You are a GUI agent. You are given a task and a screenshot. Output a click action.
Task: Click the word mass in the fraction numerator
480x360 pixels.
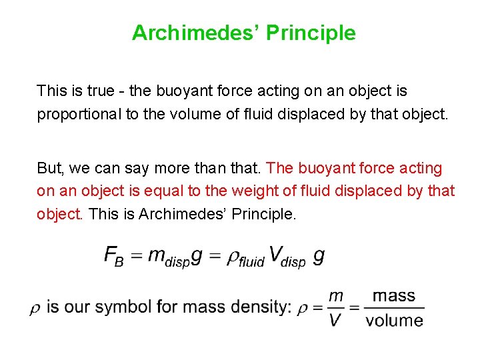coord(393,295)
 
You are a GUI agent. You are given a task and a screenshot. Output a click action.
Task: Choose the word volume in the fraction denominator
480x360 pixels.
coord(394,320)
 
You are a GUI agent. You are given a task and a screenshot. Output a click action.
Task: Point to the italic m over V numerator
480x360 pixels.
coord(336,295)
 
